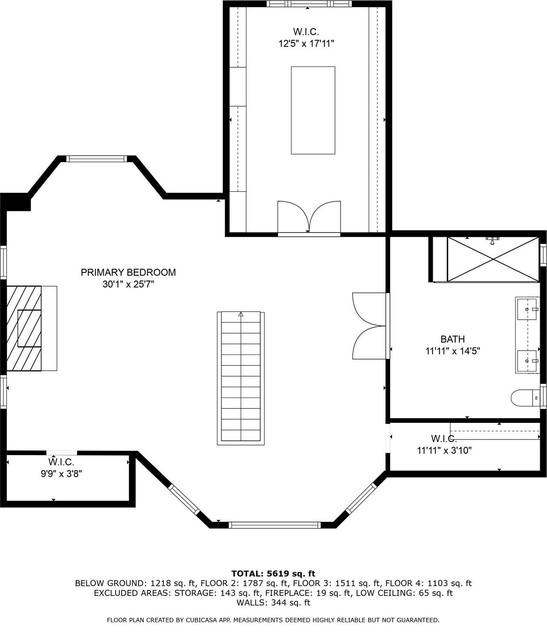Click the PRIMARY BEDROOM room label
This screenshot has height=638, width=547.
pyautogui.click(x=128, y=272)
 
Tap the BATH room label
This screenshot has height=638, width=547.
pyautogui.click(x=452, y=339)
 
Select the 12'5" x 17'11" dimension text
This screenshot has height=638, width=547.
pyautogui.click(x=306, y=43)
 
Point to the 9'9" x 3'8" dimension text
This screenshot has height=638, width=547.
pyautogui.click(x=61, y=474)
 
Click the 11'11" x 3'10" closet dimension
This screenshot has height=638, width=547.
pyautogui.click(x=444, y=451)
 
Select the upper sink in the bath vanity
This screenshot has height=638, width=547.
pyautogui.click(x=527, y=309)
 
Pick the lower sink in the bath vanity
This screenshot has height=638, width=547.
pyautogui.click(x=527, y=361)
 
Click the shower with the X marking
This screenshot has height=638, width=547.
pyautogui.click(x=493, y=259)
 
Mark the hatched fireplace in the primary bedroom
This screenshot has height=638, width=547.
pyautogui.click(x=24, y=328)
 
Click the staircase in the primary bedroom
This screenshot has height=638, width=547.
pyautogui.click(x=241, y=378)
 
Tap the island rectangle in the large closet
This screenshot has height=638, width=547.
pyautogui.click(x=313, y=110)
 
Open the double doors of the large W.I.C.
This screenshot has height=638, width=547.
pyautogui.click(x=309, y=217)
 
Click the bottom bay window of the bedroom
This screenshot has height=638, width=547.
pyautogui.click(x=275, y=525)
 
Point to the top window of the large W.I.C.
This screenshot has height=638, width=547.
pyautogui.click(x=309, y=4)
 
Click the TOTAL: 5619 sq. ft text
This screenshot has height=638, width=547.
pyautogui.click(x=273, y=573)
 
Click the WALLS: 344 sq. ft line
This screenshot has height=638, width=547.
pyautogui.click(x=273, y=603)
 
